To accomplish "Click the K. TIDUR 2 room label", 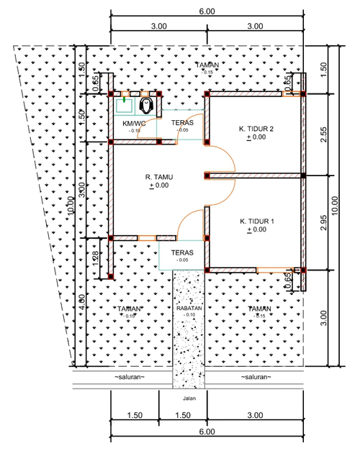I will [257, 129].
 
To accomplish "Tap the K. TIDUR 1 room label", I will [257, 222].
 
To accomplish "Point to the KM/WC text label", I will [135, 124].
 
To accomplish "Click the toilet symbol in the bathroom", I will [148, 106].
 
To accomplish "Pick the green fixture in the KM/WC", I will [124, 102].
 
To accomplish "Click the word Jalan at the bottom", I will [189, 396].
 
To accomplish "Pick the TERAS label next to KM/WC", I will [182, 123].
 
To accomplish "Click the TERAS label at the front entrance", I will [182, 253].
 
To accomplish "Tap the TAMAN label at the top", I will [207, 65].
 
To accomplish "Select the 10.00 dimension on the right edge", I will [346, 205].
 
